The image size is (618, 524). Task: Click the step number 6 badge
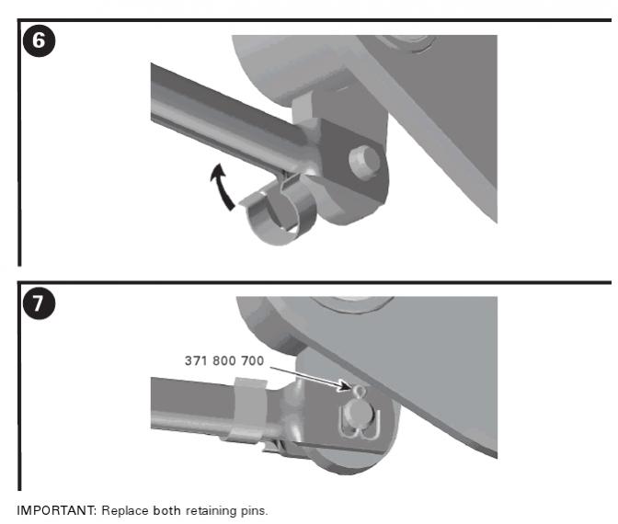tap(39, 40)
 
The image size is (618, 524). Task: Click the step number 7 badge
tap(39, 303)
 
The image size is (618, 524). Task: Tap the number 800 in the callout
tap(223, 360)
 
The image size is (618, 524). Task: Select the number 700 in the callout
tap(253, 360)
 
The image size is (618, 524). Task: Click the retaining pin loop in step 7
tap(360, 391)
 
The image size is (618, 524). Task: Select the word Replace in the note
tap(125, 511)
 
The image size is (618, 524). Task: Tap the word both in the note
tap(167, 510)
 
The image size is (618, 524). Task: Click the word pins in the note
tap(254, 511)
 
